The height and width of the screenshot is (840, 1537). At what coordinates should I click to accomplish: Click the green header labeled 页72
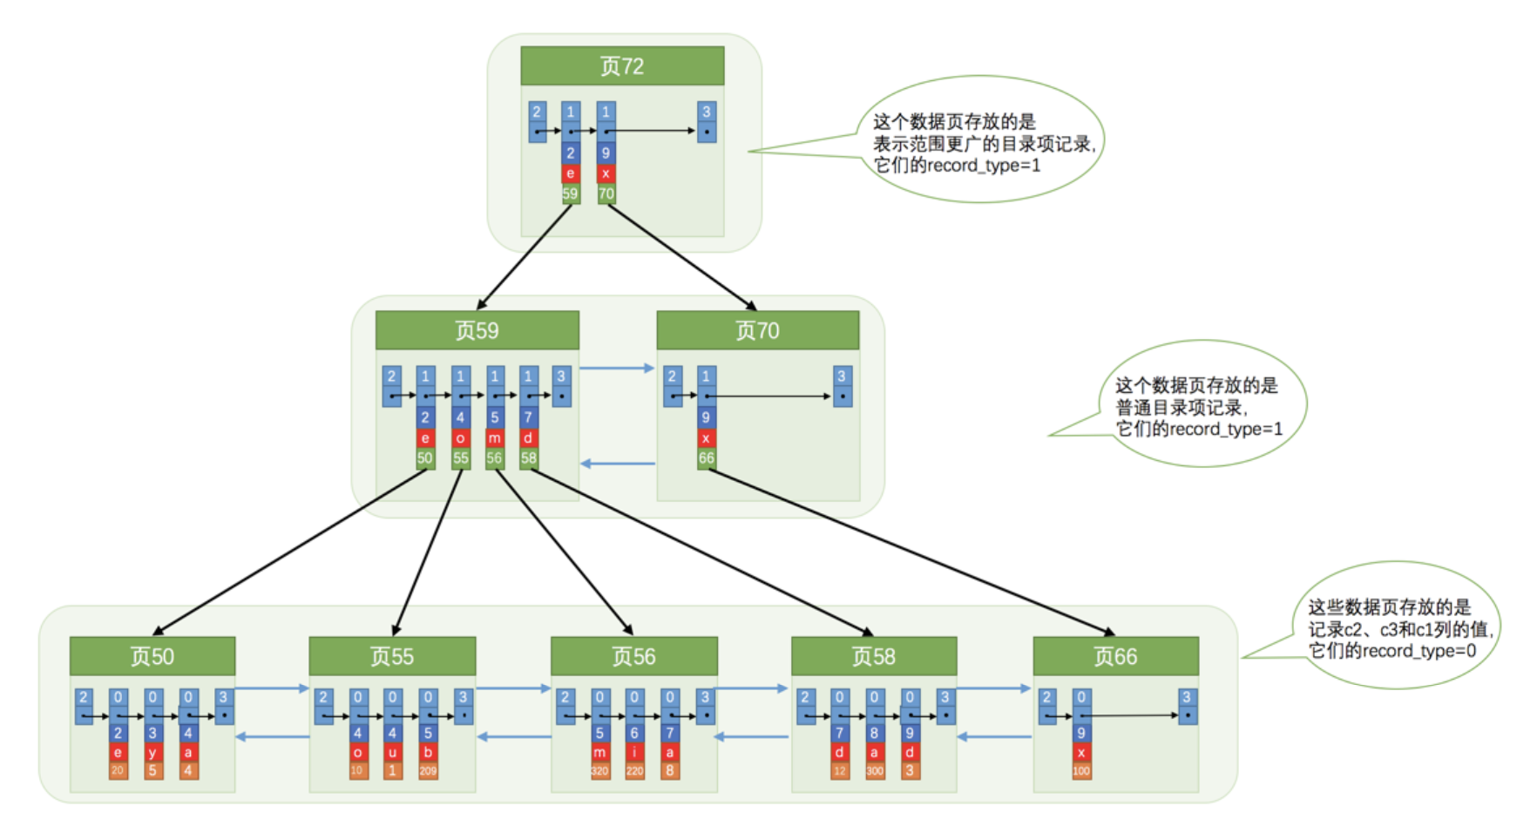pyautogui.click(x=622, y=66)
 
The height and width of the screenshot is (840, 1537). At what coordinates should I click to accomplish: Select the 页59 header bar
pyautogui.click(x=477, y=331)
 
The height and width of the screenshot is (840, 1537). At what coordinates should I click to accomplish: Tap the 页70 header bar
pyautogui.click(x=757, y=331)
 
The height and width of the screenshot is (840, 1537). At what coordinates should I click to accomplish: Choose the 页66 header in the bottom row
pyautogui.click(x=1115, y=656)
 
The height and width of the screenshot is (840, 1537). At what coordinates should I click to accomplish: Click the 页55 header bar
pyautogui.click(x=392, y=656)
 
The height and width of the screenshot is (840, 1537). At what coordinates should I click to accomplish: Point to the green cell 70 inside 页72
pyautogui.click(x=606, y=193)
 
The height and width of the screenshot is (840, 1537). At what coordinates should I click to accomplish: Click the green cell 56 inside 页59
pyautogui.click(x=494, y=457)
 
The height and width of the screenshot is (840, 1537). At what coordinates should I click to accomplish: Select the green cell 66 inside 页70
pyautogui.click(x=706, y=457)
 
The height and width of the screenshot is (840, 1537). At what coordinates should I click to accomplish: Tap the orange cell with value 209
pyautogui.click(x=428, y=770)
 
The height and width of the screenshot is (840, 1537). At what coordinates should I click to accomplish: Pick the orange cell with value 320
pyautogui.click(x=599, y=770)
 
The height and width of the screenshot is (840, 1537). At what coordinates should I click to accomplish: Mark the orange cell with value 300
pyautogui.click(x=874, y=770)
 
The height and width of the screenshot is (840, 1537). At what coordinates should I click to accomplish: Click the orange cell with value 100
pyautogui.click(x=1081, y=770)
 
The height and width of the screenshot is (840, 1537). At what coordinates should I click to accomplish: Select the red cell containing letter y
pyautogui.click(x=152, y=752)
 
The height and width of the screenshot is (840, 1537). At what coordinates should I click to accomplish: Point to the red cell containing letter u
pyautogui.click(x=393, y=752)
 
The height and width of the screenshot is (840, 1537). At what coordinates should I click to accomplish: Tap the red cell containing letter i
pyautogui.click(x=634, y=752)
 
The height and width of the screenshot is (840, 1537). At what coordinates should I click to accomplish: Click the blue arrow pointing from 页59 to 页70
pyautogui.click(x=617, y=369)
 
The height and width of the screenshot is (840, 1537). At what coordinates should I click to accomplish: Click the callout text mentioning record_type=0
pyautogui.click(x=1399, y=628)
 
